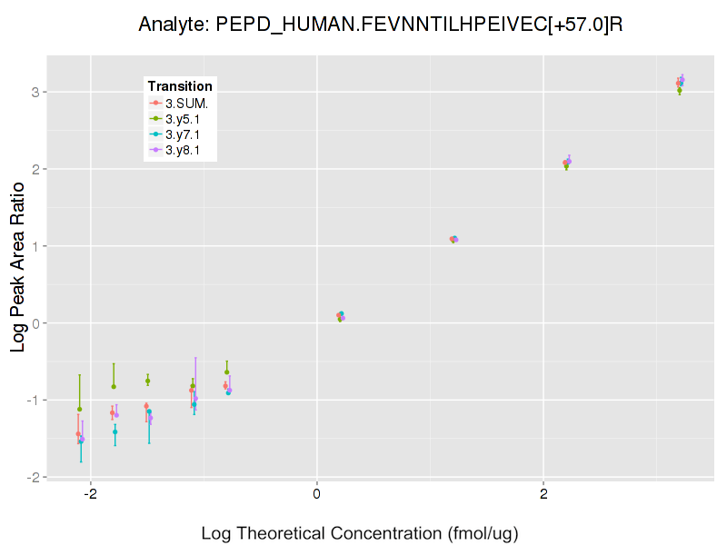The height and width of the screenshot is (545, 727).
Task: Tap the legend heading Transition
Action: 180,86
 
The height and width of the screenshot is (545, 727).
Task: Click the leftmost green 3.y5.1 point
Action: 80,409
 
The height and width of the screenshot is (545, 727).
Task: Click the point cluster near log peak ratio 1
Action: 453,240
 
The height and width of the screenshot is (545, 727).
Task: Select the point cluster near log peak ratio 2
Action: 567,163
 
